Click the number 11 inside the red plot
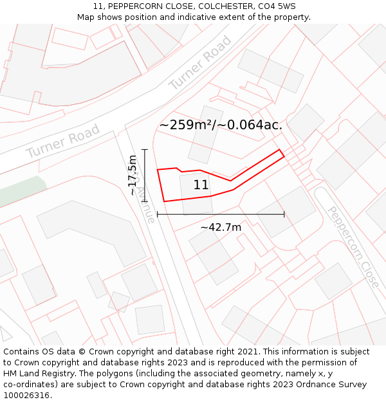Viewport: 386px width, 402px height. click(x=201, y=185)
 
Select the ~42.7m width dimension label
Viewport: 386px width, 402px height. click(x=221, y=227)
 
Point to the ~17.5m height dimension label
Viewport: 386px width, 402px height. click(x=133, y=175)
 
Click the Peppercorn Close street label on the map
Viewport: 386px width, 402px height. click(x=353, y=246)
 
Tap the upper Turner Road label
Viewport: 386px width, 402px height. click(x=200, y=63)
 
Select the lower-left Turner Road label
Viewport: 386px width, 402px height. click(x=63, y=142)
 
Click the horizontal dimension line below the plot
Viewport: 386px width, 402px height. click(x=221, y=214)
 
